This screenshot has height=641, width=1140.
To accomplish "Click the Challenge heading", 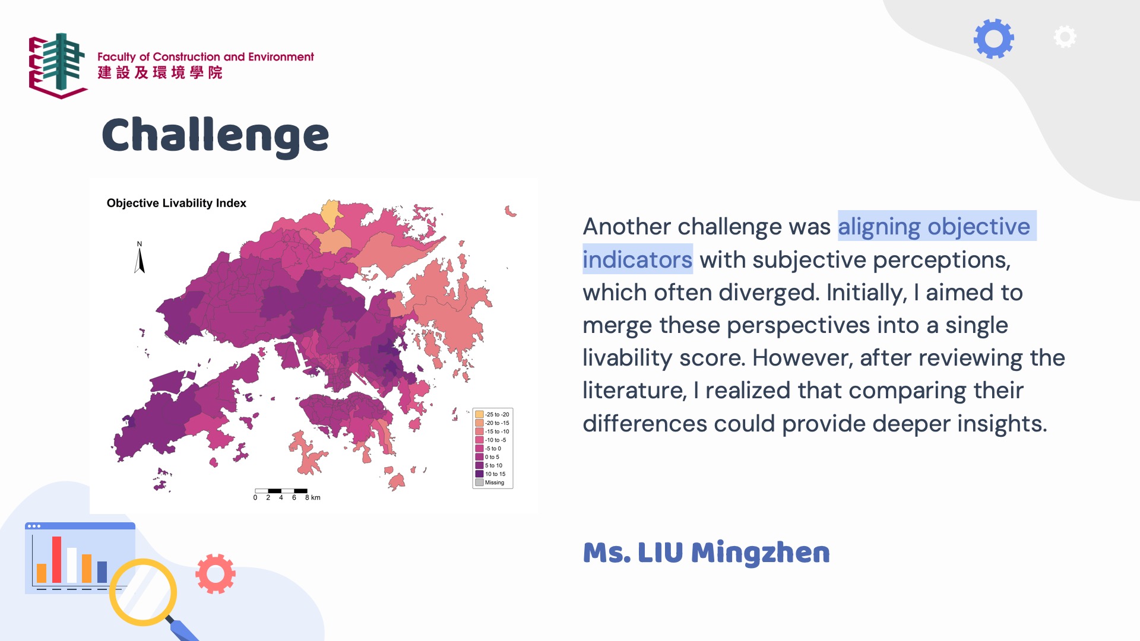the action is [215, 136].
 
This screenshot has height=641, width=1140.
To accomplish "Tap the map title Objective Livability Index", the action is [176, 203].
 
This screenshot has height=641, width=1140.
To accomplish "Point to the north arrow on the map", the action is [140, 259].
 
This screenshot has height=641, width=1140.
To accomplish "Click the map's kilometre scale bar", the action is [281, 491].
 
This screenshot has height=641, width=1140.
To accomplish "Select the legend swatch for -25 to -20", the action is [479, 414].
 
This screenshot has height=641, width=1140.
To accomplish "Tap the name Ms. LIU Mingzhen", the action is [707, 553].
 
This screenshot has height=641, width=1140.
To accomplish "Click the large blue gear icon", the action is [994, 39].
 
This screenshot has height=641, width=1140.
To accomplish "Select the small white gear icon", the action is [1065, 37].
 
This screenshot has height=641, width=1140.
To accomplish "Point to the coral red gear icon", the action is [216, 574].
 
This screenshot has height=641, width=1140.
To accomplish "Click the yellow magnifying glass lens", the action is [143, 592].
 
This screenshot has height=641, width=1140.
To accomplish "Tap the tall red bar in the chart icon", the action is [56, 560].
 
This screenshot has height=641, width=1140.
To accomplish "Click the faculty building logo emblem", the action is [58, 65].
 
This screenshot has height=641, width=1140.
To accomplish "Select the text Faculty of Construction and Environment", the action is [205, 57].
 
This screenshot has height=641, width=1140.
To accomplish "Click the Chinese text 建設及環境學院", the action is [160, 72].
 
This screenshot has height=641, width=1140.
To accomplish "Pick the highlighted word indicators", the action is [637, 260].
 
